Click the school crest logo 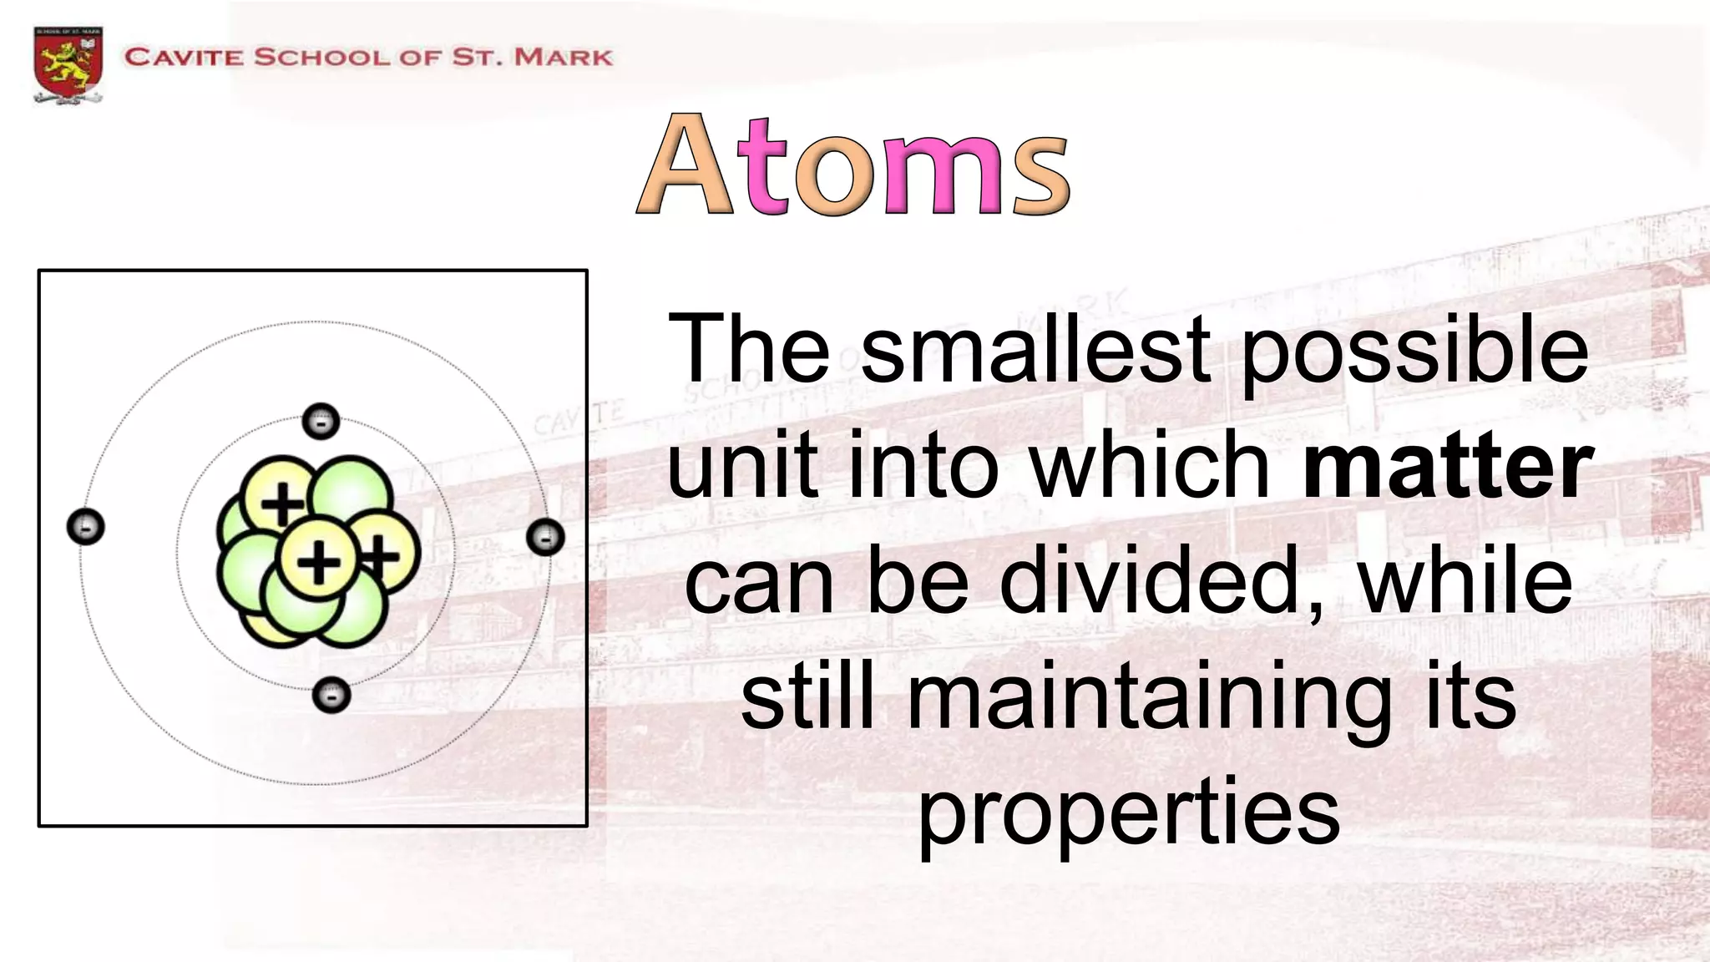tap(68, 65)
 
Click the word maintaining tap(1149, 700)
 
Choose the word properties tap(1129, 815)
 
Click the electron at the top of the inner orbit tap(321, 421)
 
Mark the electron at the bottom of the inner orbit tap(331, 695)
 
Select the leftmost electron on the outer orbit tap(85, 527)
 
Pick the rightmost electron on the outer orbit tap(546, 537)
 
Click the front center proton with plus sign tap(317, 559)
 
